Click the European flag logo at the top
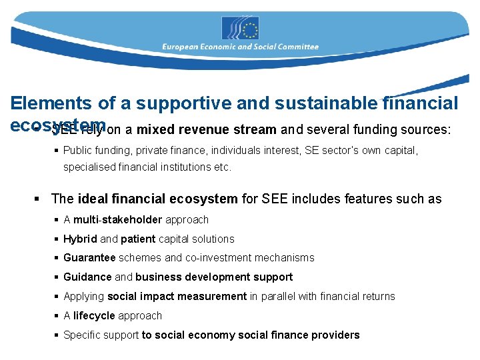coord(240,28)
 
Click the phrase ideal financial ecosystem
coord(157,199)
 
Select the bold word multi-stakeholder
coord(118,219)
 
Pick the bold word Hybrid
coord(80,239)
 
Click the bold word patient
coord(138,239)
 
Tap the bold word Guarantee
coord(89,257)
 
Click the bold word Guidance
coord(88,277)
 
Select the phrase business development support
coord(214,277)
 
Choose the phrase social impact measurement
coord(177,296)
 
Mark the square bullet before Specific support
coord(57,335)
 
